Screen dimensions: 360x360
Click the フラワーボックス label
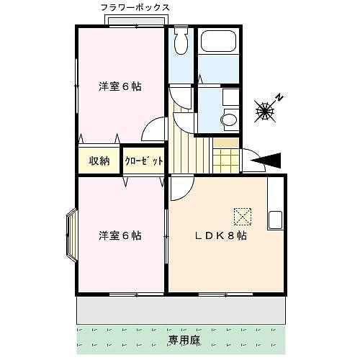point(136,7)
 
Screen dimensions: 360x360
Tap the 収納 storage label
point(99,161)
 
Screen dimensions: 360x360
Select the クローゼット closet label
point(143,161)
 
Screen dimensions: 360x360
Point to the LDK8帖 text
point(223,236)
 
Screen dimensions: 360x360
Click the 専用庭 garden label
point(184,340)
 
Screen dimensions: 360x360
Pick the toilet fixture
point(181,43)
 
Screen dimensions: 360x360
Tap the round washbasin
point(228,120)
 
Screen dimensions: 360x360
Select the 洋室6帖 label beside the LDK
point(120,236)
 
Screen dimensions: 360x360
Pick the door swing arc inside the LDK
point(181,184)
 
